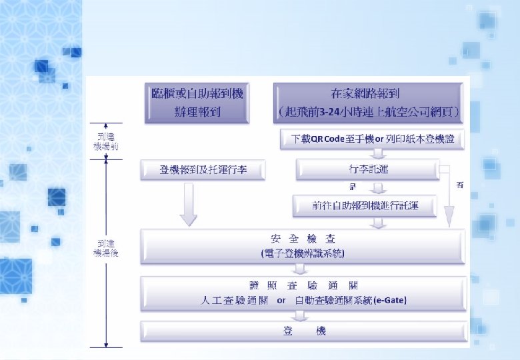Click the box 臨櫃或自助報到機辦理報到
(197, 103)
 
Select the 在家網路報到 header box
(368, 103)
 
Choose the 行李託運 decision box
(367, 169)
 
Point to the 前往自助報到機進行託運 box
(365, 207)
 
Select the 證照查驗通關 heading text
(303, 287)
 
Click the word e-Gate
(391, 301)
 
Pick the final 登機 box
(303, 331)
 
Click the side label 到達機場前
(106, 141)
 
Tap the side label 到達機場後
(106, 249)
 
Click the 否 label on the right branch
(459, 185)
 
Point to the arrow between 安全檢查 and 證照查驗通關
(301, 269)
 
